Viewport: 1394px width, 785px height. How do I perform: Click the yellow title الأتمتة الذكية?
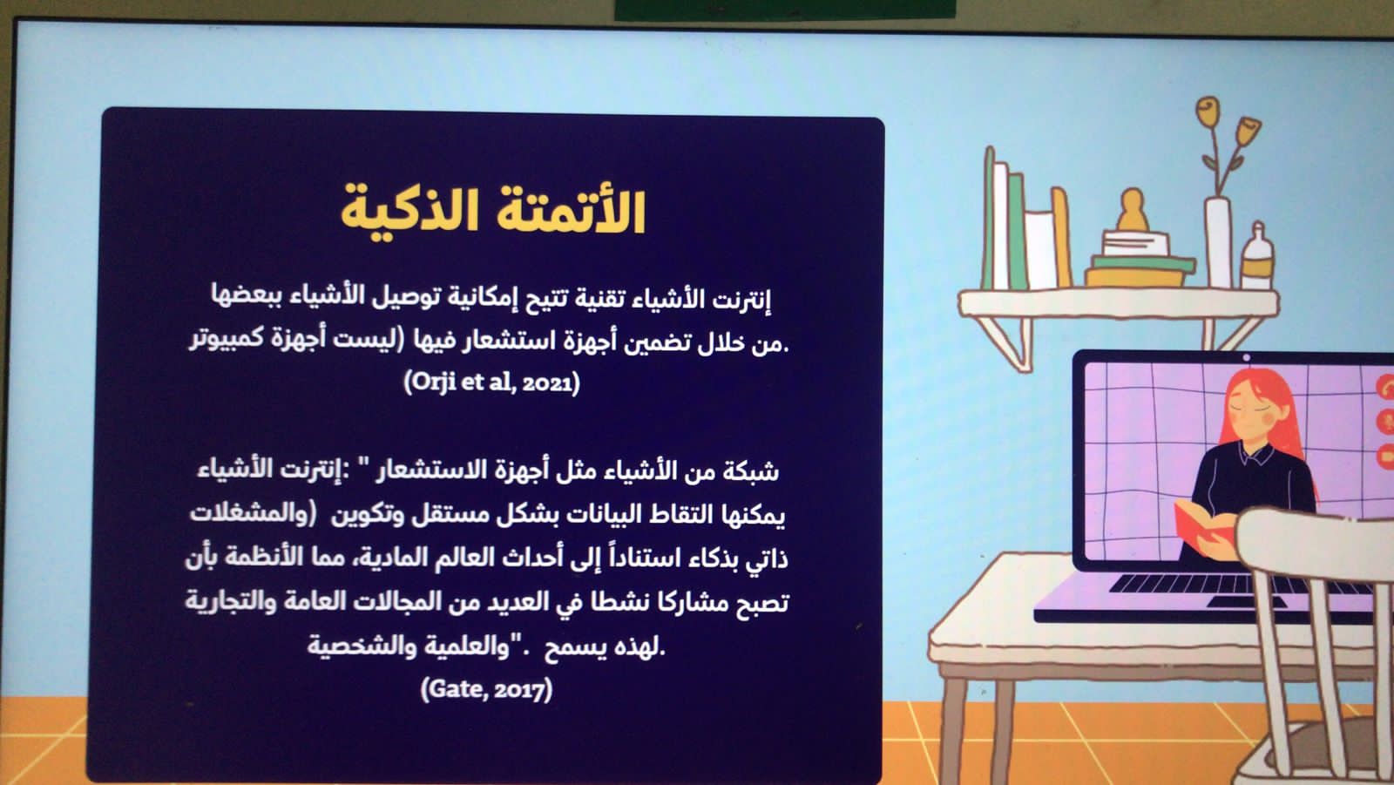492,211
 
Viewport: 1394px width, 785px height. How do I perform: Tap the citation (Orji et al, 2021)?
491,382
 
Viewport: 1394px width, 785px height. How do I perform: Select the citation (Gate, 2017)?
486,689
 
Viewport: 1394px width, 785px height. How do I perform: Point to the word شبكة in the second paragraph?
750,471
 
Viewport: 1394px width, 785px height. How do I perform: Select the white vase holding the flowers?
1218,243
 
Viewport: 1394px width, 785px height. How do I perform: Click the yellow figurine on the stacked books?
1133,211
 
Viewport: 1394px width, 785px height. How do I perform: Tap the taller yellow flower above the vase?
1208,112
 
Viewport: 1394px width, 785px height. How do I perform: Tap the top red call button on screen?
1385,387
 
